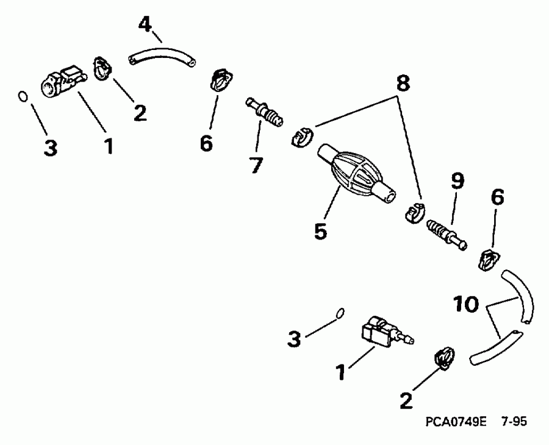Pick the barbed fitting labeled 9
pos(445,235)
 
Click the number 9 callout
pos(457,180)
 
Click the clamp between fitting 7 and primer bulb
pos(300,137)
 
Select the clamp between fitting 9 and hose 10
pos(487,260)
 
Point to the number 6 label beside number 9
pos(498,199)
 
